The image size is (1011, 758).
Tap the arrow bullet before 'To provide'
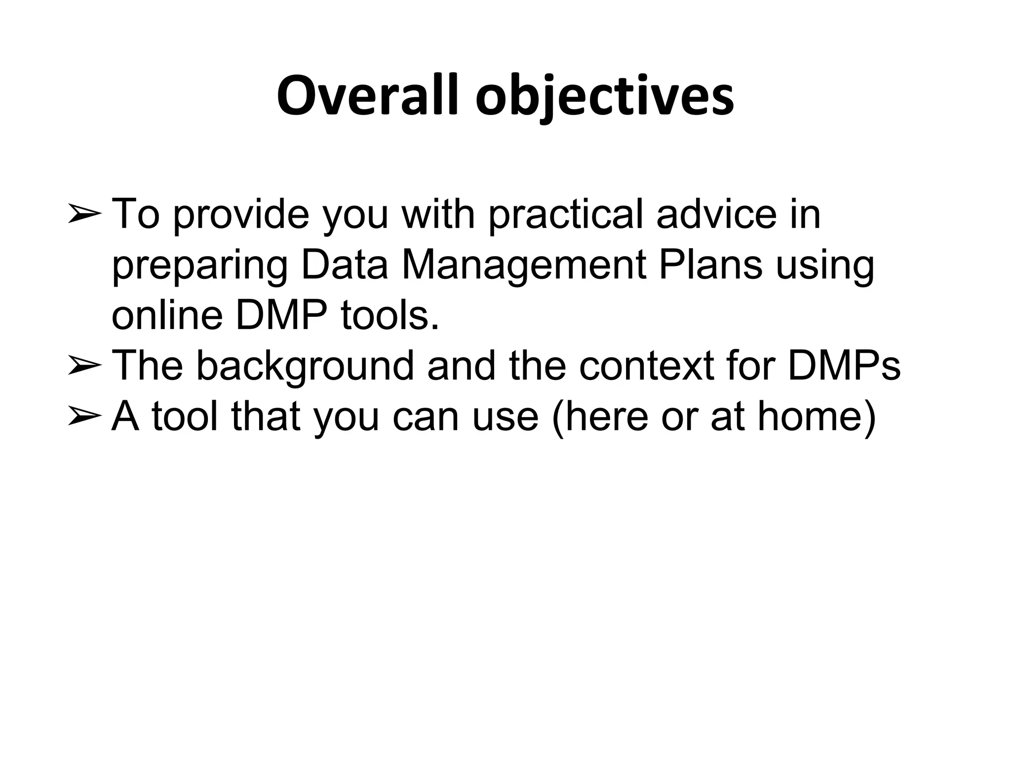pyautogui.click(x=84, y=215)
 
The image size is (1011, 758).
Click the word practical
pyautogui.click(x=565, y=215)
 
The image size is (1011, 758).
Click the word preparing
pyautogui.click(x=199, y=266)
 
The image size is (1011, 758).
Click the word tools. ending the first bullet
pyautogui.click(x=390, y=316)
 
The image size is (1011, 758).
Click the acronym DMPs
pyautogui.click(x=844, y=366)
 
